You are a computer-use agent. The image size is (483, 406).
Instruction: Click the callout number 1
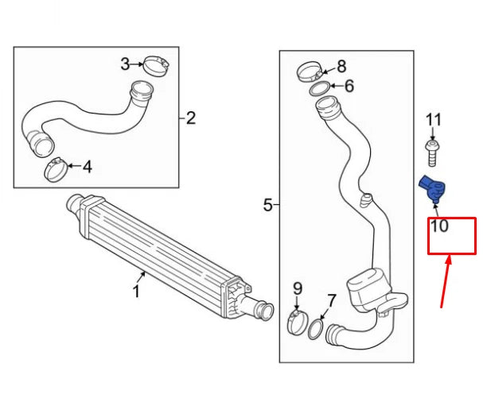pos(136,292)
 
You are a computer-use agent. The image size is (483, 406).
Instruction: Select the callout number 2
pos(190,119)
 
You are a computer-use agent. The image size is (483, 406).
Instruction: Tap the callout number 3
pos(125,64)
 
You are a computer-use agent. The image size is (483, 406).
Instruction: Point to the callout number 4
pos(87,167)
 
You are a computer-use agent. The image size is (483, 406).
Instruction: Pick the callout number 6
pos(349,86)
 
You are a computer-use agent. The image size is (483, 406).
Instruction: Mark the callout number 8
pos(341,66)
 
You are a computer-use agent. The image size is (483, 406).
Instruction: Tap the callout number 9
pos(298,287)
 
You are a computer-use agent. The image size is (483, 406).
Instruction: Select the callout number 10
pos(439,226)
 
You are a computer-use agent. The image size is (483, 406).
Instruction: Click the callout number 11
pos(433,120)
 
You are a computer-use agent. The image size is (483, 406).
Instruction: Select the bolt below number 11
pos(432,149)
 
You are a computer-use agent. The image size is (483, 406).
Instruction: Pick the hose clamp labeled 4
pos(56,168)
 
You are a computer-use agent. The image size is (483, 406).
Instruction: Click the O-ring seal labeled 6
pos(319,87)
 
